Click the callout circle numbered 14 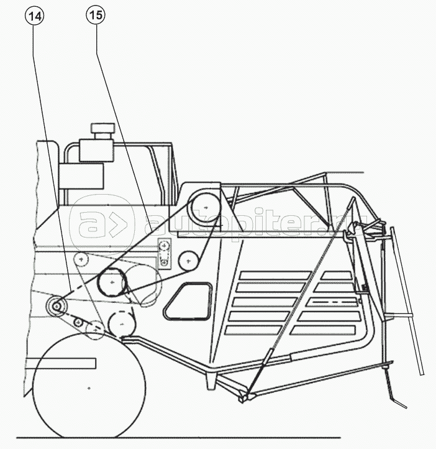click(x=35, y=16)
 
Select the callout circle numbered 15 click(x=96, y=15)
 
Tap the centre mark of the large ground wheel click(x=89, y=388)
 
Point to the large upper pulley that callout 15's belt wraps click(x=206, y=207)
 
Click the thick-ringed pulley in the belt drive click(x=112, y=282)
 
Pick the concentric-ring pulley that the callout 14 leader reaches click(x=57, y=307)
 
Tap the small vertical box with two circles click(x=164, y=254)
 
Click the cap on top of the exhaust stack click(x=102, y=128)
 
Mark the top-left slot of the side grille click(x=275, y=275)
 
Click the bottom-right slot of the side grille click(x=323, y=330)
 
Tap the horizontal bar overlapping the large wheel click(x=61, y=363)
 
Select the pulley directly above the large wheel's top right click(x=122, y=324)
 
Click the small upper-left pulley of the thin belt click(x=81, y=260)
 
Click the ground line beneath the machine click(x=178, y=438)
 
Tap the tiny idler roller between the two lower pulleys click(x=78, y=322)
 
